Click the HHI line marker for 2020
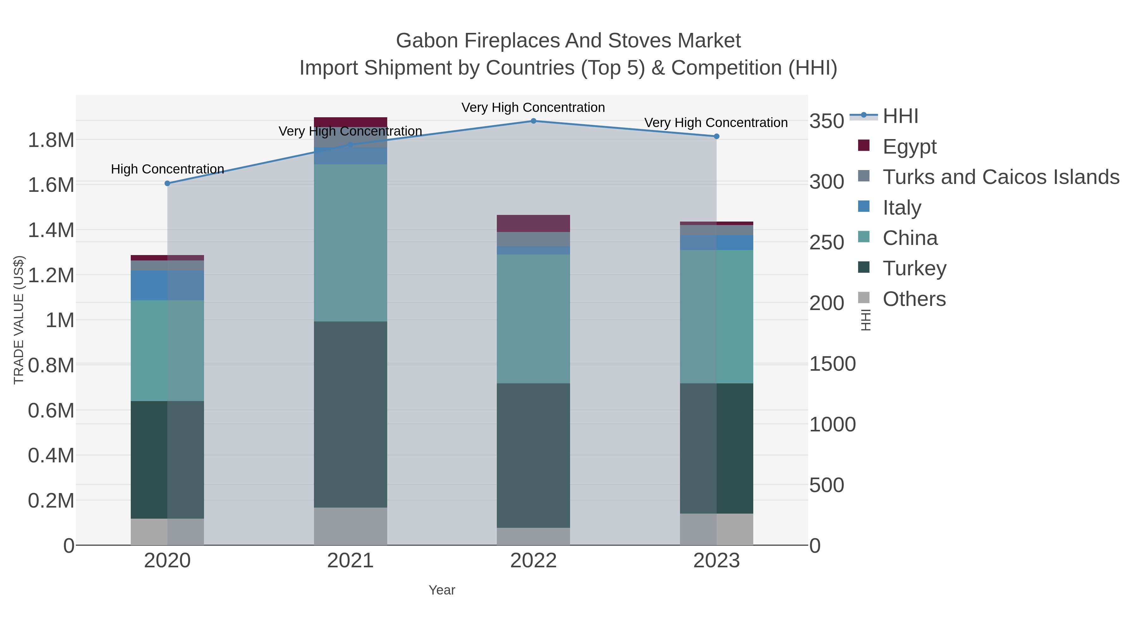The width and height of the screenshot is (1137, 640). pyautogui.click(x=167, y=183)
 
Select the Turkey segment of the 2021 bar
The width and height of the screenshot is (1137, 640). pyautogui.click(x=351, y=414)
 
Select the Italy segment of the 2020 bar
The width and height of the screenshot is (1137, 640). pyautogui.click(x=167, y=285)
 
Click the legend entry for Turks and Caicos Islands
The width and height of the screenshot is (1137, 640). pyautogui.click(x=1000, y=177)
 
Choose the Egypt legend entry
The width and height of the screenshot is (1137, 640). pyautogui.click(x=909, y=147)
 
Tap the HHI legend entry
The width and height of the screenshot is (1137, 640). pyautogui.click(x=900, y=116)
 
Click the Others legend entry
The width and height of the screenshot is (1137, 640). pyautogui.click(x=914, y=299)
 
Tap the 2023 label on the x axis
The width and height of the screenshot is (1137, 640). pyautogui.click(x=716, y=561)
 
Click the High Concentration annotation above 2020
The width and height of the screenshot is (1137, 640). pyautogui.click(x=167, y=169)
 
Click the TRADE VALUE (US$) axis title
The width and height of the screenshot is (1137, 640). pyautogui.click(x=19, y=320)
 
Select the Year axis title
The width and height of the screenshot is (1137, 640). pyautogui.click(x=442, y=590)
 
